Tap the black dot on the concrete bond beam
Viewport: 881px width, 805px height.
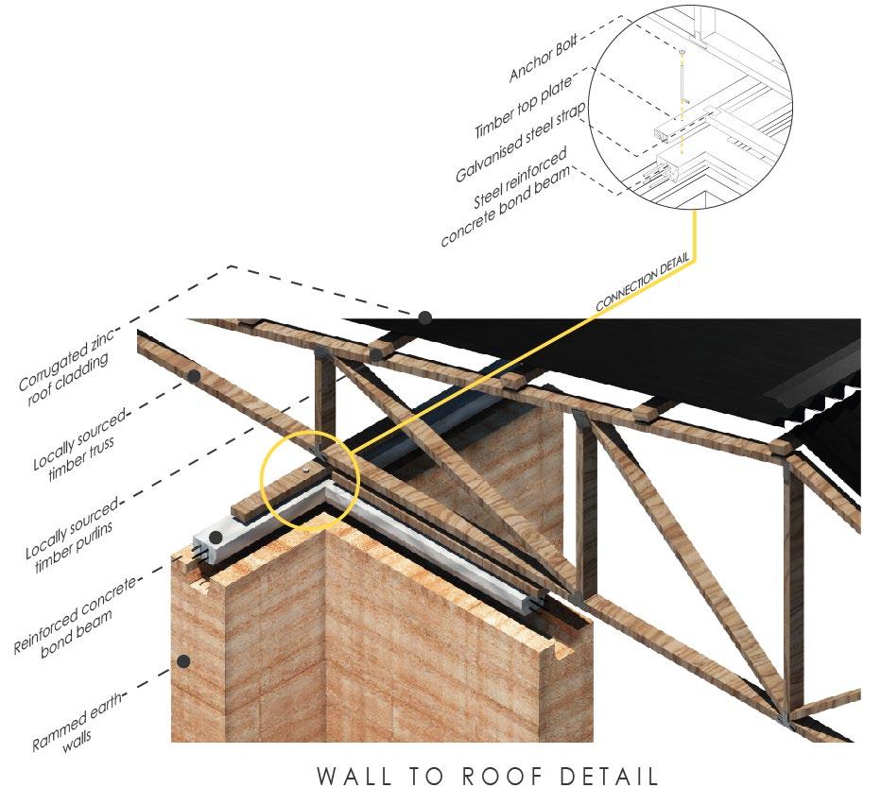coord(216,538)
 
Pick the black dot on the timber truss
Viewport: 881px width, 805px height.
coord(195,376)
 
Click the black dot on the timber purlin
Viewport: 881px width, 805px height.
coord(375,355)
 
